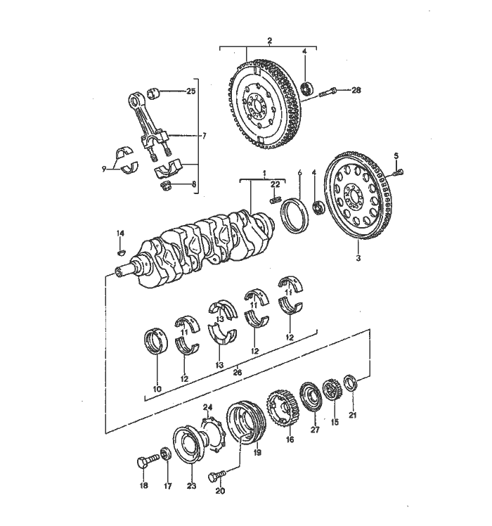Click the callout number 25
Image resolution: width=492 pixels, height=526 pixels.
pos(191,92)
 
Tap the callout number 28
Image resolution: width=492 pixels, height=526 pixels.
pos(356,90)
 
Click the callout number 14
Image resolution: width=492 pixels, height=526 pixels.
pos(119,233)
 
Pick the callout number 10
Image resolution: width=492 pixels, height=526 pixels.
pos(156,388)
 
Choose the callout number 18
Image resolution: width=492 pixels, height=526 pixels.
pos(144,485)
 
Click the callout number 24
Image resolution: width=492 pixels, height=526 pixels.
pos(207,408)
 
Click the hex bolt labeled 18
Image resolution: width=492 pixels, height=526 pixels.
pos(145,463)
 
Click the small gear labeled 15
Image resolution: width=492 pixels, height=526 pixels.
pos(330,391)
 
